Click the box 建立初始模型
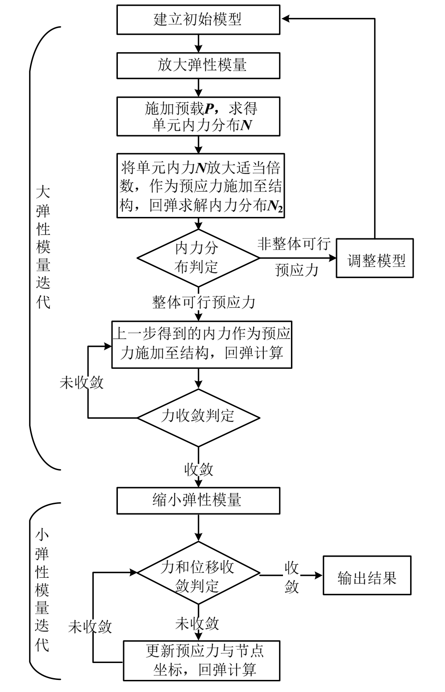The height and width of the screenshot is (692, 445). click(198, 20)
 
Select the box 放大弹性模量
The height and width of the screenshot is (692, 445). click(198, 66)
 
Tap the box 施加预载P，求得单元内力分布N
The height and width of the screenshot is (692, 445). click(198, 117)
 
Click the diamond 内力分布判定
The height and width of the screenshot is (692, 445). click(198, 258)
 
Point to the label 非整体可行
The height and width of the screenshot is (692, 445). click(294, 244)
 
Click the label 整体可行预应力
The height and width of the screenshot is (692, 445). click(204, 302)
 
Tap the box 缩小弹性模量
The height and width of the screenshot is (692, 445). click(198, 500)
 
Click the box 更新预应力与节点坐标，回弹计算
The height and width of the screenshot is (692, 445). click(202, 661)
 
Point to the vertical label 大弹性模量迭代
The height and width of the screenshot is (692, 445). click(43, 248)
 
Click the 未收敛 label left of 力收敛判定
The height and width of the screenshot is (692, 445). click(82, 383)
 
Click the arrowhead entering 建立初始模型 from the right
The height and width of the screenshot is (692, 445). click(286, 19)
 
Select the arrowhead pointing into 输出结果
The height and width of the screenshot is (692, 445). click(318, 575)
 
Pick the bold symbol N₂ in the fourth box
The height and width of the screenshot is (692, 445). click(275, 206)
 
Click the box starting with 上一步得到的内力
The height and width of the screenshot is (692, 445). click(202, 344)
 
